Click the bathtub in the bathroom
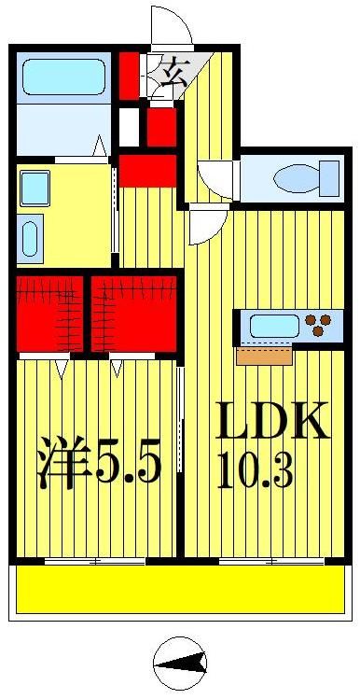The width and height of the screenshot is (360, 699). pyautogui.click(x=63, y=77)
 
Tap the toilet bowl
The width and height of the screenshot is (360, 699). pyautogui.click(x=299, y=176)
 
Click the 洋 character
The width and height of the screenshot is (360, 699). pyautogui.click(x=62, y=463)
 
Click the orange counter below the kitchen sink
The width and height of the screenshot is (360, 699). pyautogui.click(x=265, y=356)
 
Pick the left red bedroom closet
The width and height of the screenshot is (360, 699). pyautogui.click(x=49, y=313)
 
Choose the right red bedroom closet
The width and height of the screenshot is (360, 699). pyautogui.click(x=133, y=313)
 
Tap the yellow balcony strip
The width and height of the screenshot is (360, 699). pyautogui.click(x=181, y=590)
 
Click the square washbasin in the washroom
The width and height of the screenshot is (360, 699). pyautogui.click(x=35, y=189)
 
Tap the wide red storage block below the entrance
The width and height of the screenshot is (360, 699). pyautogui.click(x=147, y=171)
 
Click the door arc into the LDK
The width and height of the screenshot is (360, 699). pyautogui.click(x=205, y=226)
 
